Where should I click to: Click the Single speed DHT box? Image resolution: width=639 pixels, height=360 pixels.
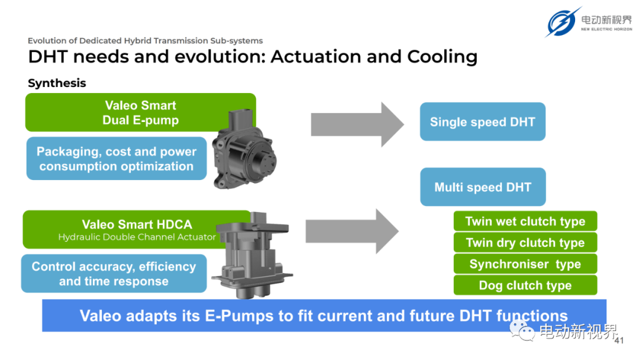[x=483, y=121]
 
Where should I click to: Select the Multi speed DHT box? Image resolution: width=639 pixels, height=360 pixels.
[x=483, y=187]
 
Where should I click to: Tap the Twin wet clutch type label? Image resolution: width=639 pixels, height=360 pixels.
[x=525, y=221]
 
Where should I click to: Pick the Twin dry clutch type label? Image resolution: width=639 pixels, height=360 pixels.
[x=525, y=243]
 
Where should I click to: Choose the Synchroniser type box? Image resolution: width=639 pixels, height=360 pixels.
[x=525, y=263]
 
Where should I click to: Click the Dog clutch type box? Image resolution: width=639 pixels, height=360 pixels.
[x=525, y=285]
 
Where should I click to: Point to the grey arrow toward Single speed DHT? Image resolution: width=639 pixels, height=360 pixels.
[x=357, y=124]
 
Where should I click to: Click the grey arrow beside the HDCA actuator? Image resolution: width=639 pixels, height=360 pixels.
[x=352, y=231]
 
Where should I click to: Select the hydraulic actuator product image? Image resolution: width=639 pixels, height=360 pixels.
[x=252, y=255]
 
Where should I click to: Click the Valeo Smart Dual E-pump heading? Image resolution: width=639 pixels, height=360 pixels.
[x=141, y=112]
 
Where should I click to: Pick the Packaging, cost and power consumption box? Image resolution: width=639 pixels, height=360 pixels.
[x=117, y=159]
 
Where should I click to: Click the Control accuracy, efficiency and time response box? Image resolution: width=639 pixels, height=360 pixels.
[x=114, y=274]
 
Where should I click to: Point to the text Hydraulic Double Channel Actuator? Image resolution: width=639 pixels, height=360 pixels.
[x=137, y=237]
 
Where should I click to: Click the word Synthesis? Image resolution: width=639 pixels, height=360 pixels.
[x=57, y=83]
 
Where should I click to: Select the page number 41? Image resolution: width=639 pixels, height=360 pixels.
[x=619, y=340]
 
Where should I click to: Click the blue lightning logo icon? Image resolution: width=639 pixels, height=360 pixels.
[x=562, y=22]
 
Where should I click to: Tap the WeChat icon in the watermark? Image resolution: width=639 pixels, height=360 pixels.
[x=522, y=330]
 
